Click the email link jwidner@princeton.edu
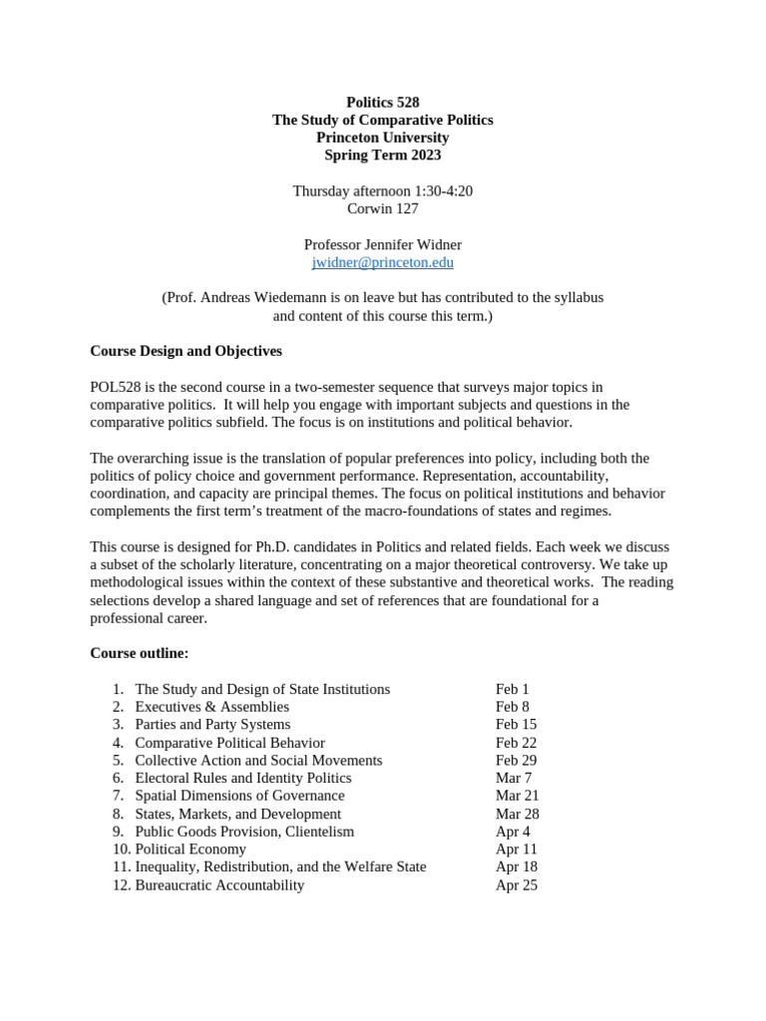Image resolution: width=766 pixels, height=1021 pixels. click(383, 262)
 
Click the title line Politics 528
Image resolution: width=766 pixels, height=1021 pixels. click(383, 102)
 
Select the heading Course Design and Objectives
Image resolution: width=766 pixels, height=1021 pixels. click(186, 351)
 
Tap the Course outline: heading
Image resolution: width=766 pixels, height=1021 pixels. click(139, 653)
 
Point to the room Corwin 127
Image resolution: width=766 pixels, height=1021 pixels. click(383, 208)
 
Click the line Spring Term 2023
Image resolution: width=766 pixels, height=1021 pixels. click(383, 155)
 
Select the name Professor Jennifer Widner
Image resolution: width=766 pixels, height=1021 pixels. click(383, 244)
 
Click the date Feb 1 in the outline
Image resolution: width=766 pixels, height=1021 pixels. click(512, 689)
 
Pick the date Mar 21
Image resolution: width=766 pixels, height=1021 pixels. click(517, 796)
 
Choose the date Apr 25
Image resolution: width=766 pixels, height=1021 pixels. click(516, 884)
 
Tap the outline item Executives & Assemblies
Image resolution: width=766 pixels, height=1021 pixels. click(211, 707)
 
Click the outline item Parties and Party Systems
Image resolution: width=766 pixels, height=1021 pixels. click(212, 724)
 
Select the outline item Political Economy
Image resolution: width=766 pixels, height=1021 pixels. click(191, 849)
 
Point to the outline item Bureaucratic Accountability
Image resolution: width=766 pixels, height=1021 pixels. click(219, 884)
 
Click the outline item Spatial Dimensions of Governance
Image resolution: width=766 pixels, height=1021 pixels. click(239, 796)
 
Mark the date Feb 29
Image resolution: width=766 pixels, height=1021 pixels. click(516, 760)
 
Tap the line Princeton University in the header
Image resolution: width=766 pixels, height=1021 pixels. click(383, 137)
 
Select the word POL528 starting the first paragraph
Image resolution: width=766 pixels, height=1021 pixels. click(118, 387)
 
